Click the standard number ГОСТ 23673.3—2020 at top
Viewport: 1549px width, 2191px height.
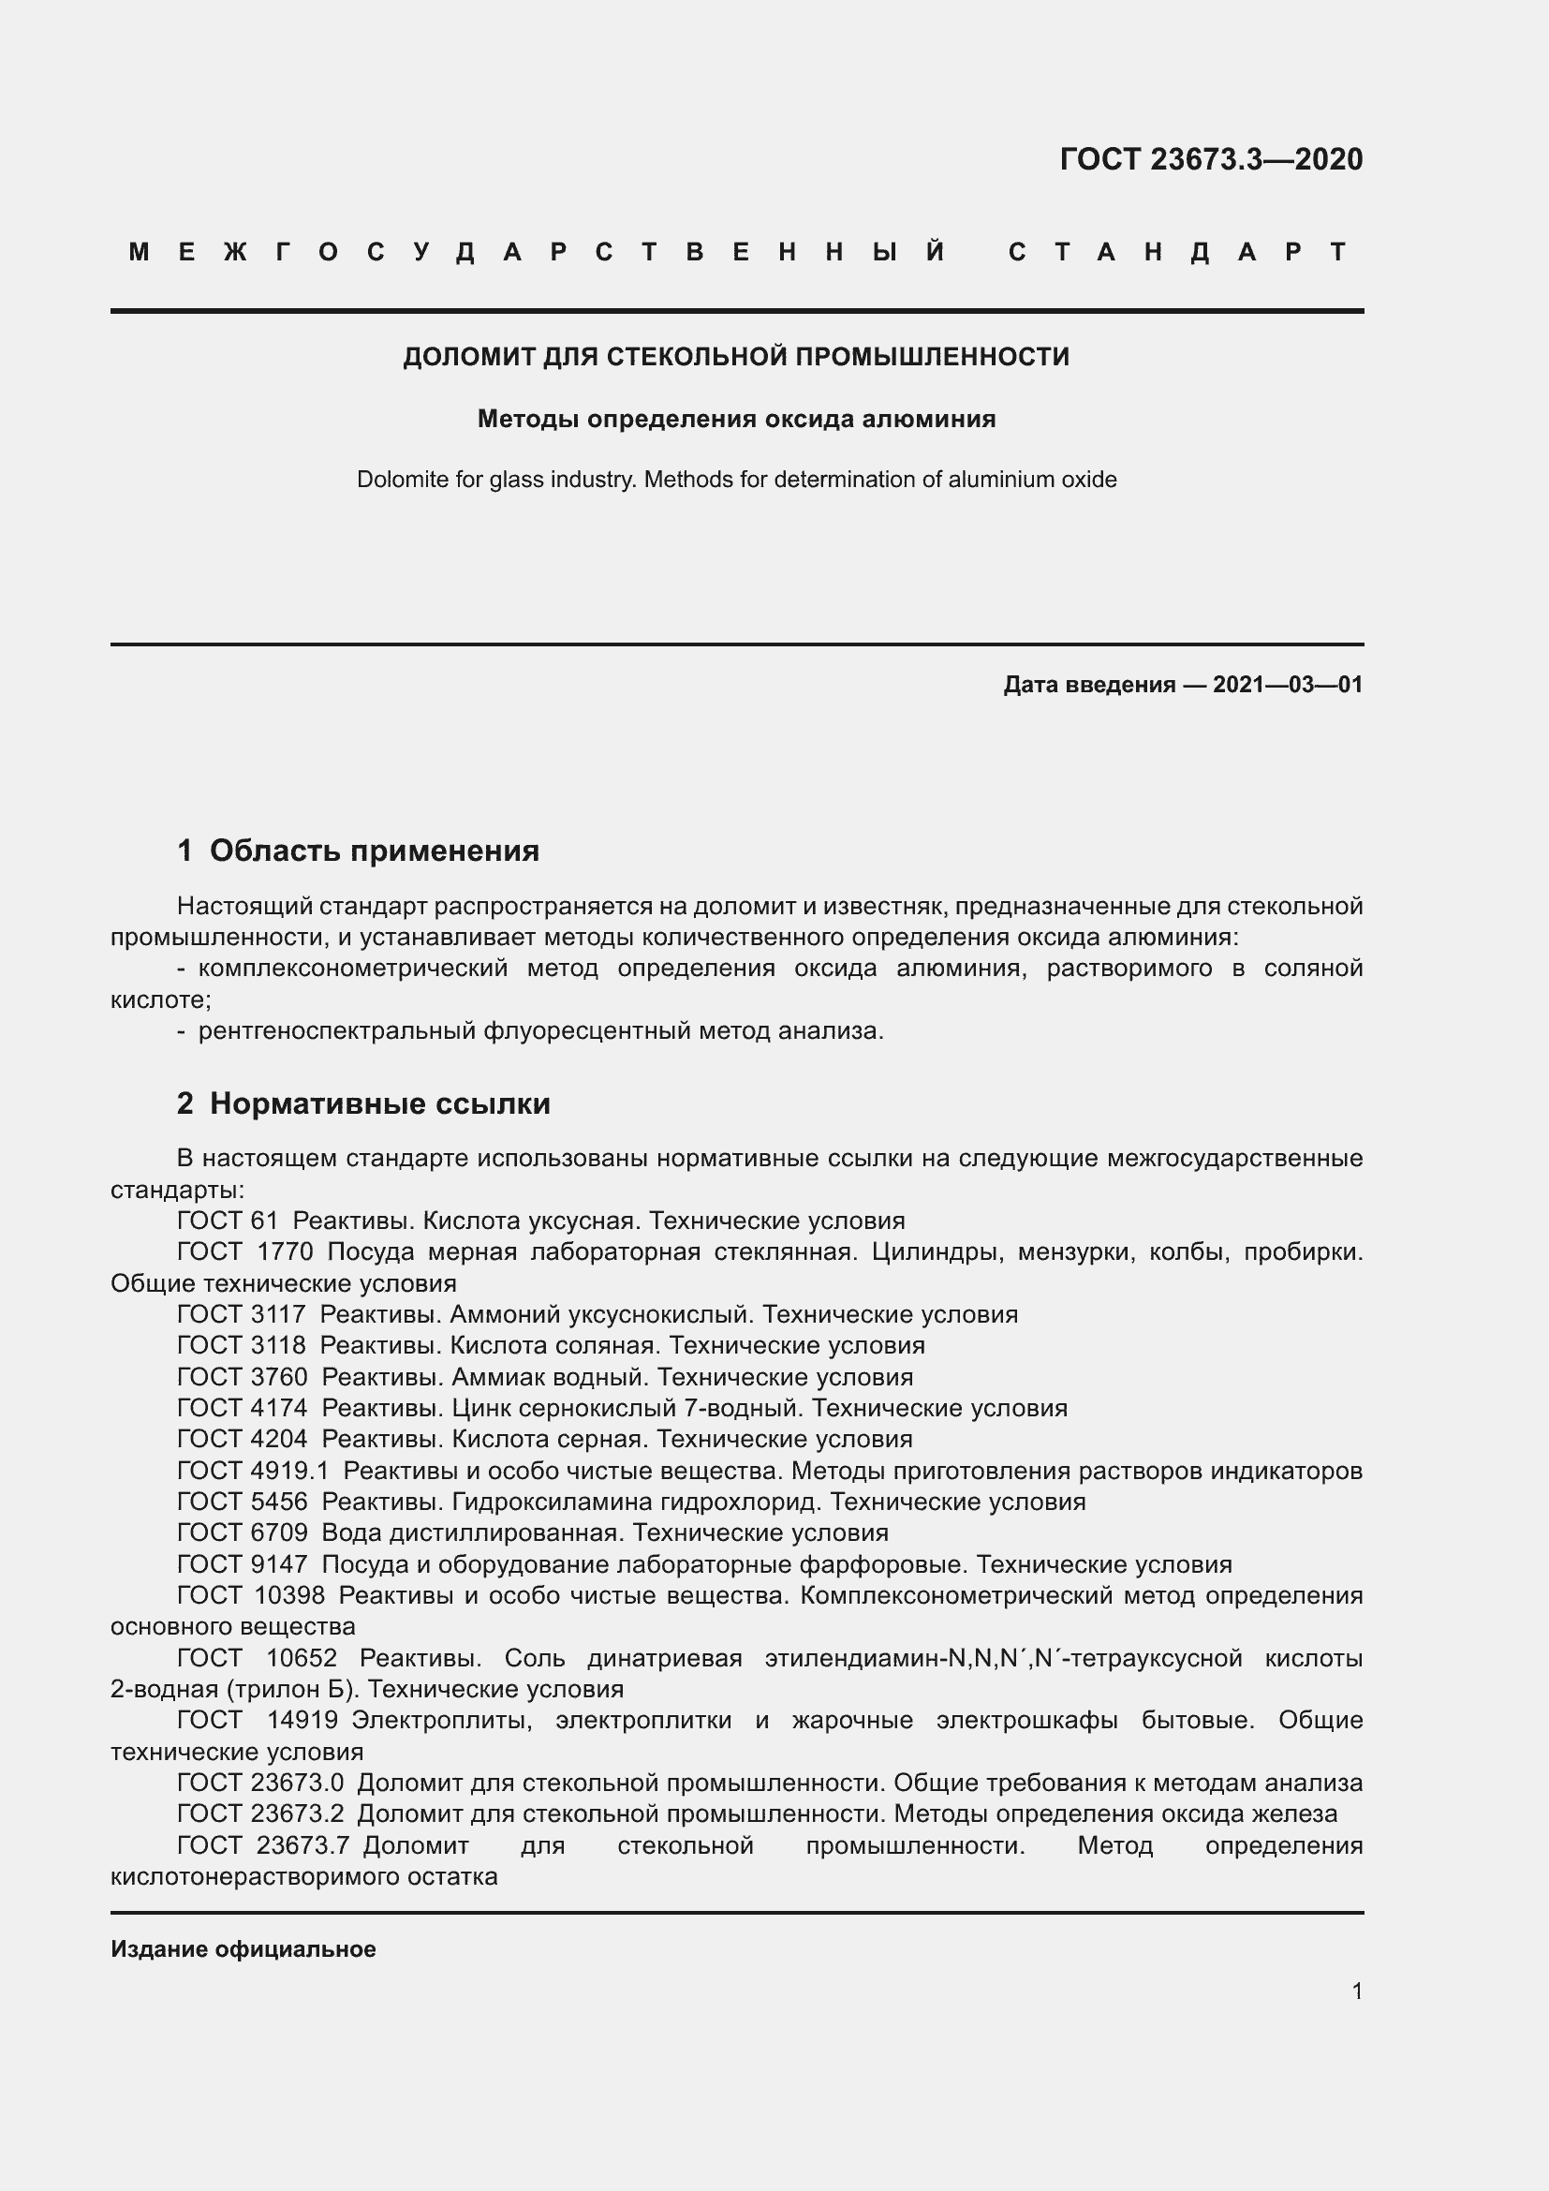click(1210, 159)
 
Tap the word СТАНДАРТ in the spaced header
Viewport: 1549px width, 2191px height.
click(1179, 252)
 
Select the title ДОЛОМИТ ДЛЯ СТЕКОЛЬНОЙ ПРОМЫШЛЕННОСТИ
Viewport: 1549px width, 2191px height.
click(736, 357)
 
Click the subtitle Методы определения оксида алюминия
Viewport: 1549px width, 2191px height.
click(736, 419)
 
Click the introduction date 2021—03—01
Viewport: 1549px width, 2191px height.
click(1288, 684)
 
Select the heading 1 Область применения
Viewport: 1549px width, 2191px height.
click(358, 851)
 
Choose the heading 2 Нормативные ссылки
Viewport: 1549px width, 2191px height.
click(363, 1103)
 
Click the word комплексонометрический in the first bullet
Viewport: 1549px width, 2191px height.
click(353, 969)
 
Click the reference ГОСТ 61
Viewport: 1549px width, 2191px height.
click(227, 1221)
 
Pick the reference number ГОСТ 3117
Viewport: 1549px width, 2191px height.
click(242, 1314)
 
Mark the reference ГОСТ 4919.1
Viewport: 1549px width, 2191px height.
click(253, 1471)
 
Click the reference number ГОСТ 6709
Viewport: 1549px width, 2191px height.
click(243, 1532)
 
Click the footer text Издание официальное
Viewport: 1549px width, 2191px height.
click(243, 1948)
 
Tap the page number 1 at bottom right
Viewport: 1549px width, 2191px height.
click(1357, 1991)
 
